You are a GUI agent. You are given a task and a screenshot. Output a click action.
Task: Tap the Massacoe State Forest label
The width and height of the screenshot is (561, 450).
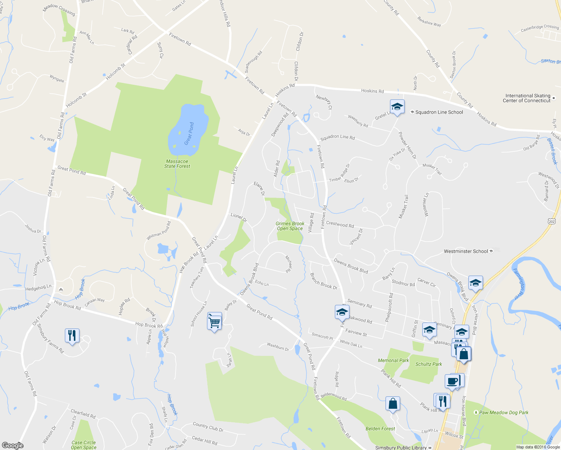177,164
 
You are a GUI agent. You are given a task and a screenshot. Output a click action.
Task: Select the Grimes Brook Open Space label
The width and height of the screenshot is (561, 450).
290,226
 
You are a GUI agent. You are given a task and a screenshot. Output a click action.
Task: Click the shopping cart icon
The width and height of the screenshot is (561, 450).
214,321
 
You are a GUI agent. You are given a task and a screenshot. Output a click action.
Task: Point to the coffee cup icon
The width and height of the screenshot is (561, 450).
452,381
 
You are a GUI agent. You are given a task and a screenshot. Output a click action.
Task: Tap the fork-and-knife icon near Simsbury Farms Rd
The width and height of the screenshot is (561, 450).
72,335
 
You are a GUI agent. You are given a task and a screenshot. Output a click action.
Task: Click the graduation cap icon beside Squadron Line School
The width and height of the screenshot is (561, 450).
397,107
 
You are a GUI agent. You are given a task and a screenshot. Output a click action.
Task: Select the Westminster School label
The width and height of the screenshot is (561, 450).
466,251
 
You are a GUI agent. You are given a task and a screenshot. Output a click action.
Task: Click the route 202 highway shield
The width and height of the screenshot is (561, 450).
552,222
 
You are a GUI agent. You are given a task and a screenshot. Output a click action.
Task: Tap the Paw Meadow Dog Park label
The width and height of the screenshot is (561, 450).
504,412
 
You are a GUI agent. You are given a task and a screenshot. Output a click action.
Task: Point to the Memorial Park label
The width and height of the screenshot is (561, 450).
393,360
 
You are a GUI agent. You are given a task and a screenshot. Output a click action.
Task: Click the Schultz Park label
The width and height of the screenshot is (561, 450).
429,364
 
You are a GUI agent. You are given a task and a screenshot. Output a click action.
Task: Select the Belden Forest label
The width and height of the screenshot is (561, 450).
380,429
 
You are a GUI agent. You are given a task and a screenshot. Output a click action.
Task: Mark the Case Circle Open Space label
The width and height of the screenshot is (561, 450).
84,445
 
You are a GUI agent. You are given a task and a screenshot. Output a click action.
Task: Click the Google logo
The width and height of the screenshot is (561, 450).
13,445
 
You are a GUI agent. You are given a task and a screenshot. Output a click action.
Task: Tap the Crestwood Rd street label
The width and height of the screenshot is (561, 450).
340,224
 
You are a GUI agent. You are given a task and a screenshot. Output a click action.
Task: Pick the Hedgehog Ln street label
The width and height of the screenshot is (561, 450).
38,288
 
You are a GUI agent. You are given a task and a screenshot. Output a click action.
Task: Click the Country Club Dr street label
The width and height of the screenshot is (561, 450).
208,427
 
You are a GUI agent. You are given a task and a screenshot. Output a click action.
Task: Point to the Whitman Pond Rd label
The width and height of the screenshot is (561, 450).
159,231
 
